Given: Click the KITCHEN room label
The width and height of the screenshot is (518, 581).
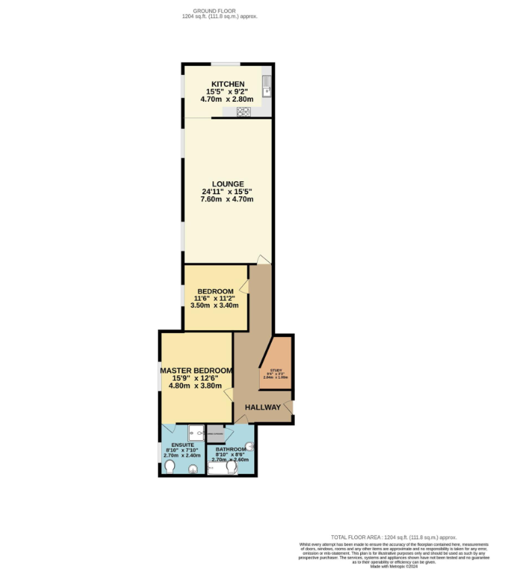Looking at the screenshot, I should pos(227,84).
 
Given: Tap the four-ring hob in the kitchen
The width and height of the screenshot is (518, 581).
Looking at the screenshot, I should pos(243,112).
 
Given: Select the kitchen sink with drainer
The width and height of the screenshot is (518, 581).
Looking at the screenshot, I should pos(266,86).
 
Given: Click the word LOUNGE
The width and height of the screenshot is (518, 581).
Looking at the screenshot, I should pos(227,184).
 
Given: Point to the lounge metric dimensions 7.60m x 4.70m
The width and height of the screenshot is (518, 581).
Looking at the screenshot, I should pos(227,200).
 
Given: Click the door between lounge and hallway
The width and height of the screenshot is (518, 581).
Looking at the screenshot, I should pos(264,259).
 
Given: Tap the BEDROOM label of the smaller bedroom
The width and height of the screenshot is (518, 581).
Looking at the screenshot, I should pos(215,291).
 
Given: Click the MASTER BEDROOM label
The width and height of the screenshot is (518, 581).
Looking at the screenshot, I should pos(196,371).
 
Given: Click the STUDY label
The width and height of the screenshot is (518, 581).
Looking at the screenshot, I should pos(276,370).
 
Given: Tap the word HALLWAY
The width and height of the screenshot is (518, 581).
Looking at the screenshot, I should pos(262,407).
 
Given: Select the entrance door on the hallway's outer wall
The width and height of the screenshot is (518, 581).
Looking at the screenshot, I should pos(289,407).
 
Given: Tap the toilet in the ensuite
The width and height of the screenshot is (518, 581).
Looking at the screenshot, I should pos(170,466).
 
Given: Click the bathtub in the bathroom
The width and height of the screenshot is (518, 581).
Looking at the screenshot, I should pos(221,468).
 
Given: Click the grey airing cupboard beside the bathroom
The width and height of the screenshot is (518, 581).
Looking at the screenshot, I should pos(215,433).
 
